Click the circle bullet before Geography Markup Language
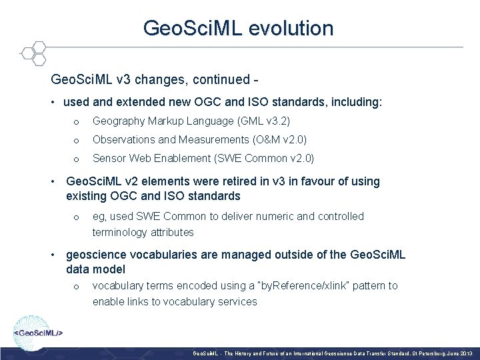[x=77, y=121]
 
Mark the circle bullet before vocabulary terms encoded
[x=77, y=286]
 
